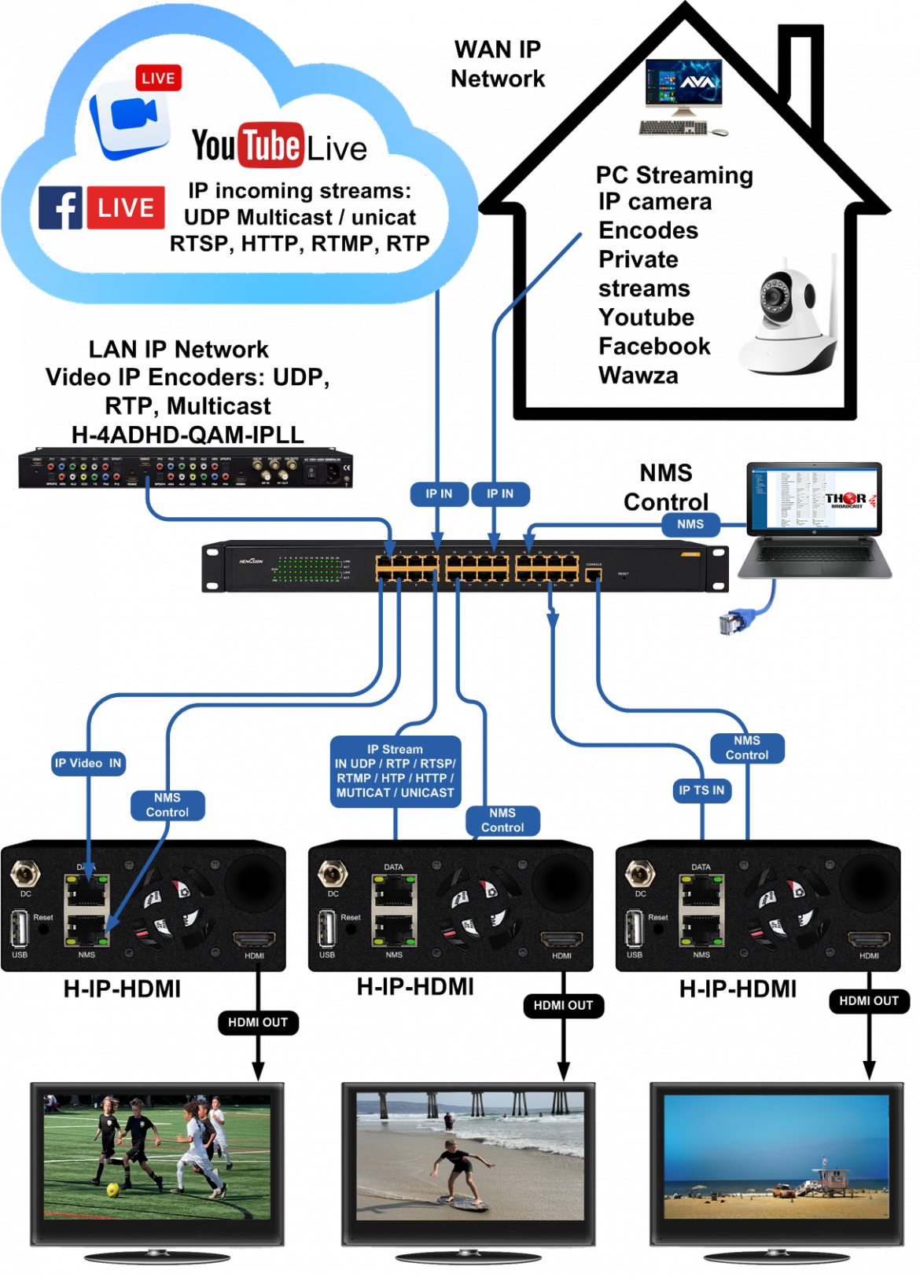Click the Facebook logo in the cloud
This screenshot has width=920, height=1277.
(x=61, y=208)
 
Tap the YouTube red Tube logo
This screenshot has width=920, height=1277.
(x=271, y=145)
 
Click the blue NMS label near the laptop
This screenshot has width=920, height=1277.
(x=690, y=524)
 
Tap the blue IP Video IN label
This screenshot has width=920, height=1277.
(x=88, y=763)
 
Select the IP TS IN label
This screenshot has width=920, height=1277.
(x=701, y=790)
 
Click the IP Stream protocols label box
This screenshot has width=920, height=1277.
(x=395, y=771)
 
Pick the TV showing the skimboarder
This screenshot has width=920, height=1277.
(x=469, y=1155)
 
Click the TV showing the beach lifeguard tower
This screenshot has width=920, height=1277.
(x=777, y=1155)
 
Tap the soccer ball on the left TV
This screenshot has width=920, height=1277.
(x=113, y=1189)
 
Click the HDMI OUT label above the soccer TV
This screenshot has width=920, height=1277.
(x=258, y=1022)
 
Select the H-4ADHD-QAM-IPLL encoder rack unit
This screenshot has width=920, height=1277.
(x=186, y=468)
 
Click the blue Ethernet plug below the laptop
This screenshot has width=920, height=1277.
(x=730, y=624)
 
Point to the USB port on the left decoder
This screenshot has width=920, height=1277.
(x=20, y=929)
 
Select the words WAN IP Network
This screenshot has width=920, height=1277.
(x=498, y=64)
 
